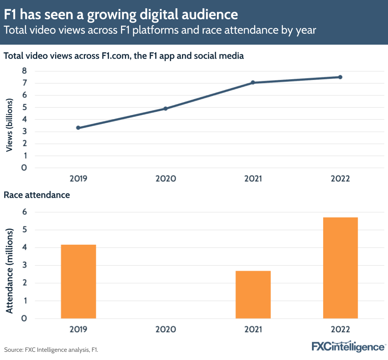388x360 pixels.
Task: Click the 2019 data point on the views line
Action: point(78,128)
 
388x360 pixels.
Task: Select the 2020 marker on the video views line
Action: point(166,108)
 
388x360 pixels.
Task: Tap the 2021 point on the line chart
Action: point(253,82)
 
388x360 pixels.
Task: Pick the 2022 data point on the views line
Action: point(340,77)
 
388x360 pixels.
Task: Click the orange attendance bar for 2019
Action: point(78,281)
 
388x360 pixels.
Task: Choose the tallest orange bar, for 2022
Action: point(340,268)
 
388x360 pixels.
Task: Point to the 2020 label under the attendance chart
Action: point(166,329)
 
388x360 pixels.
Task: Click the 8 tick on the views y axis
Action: point(24,71)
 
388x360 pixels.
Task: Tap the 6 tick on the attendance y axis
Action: point(24,212)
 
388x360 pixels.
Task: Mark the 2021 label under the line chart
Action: point(253,179)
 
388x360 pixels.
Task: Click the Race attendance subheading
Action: point(37,195)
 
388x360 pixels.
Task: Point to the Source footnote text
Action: point(51,350)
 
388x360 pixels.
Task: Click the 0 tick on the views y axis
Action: point(24,168)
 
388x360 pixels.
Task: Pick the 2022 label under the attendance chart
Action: point(340,329)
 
